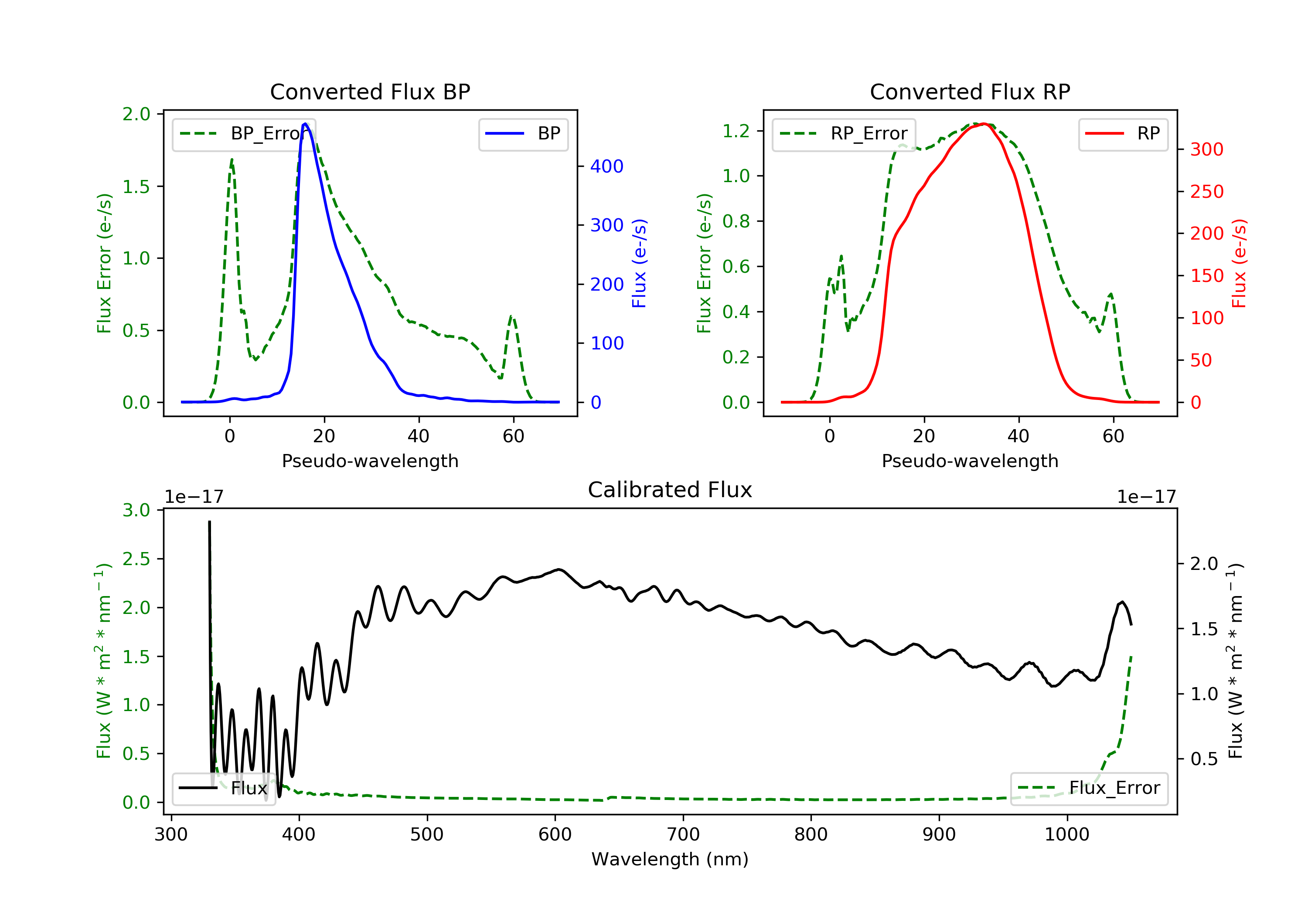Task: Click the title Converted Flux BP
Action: [370, 91]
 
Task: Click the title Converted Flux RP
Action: [970, 91]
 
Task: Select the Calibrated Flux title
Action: [670, 490]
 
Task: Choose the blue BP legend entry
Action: [523, 134]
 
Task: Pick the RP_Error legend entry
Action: [844, 134]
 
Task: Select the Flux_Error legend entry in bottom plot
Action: [1089, 788]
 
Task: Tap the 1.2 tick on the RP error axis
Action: [736, 131]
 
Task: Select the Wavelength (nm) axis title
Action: [670, 859]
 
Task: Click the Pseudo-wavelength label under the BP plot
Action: [370, 461]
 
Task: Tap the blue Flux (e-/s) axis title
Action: [639, 263]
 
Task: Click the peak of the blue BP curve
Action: [305, 124]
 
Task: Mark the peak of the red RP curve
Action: [984, 124]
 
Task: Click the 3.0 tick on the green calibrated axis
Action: [136, 510]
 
